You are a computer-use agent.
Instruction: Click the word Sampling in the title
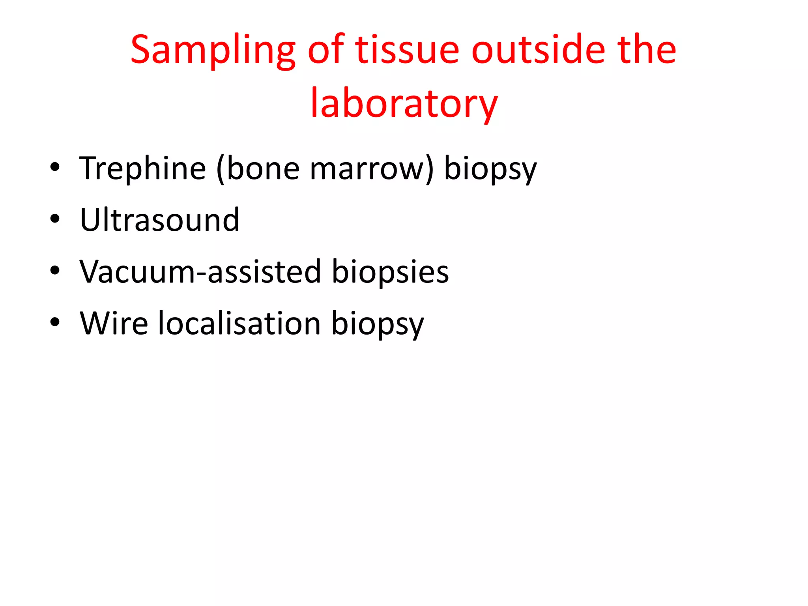(x=213, y=50)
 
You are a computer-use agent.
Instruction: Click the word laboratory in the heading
(x=404, y=103)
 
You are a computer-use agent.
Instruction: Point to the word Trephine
(x=142, y=168)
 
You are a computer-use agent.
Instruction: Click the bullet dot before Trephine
(x=55, y=167)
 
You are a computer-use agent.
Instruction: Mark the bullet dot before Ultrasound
(x=55, y=219)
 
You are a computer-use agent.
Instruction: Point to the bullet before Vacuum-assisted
(x=55, y=271)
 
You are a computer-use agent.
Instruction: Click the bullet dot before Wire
(x=55, y=322)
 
